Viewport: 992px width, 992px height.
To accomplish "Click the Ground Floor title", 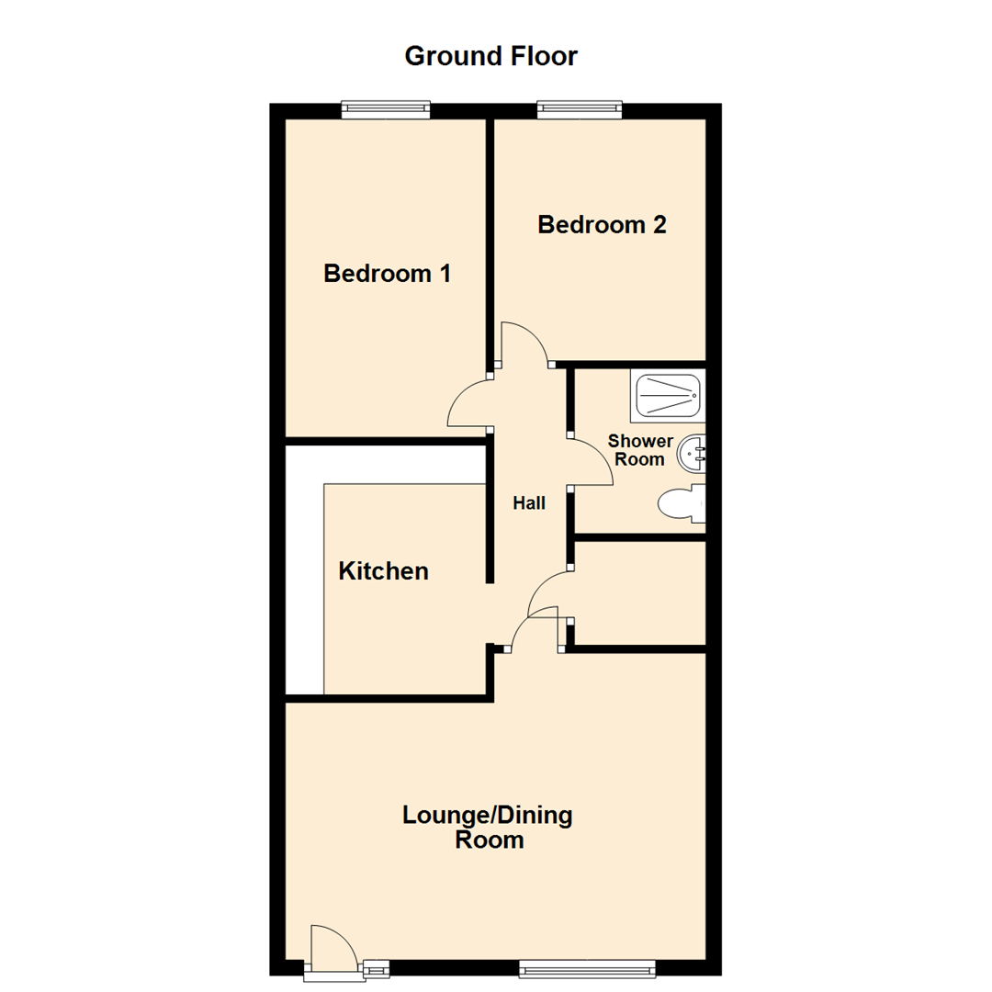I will tap(490, 57).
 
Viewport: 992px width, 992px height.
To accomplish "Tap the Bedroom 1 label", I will tap(387, 274).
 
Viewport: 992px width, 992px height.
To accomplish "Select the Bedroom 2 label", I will tap(602, 225).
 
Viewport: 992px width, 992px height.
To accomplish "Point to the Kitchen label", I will tap(383, 571).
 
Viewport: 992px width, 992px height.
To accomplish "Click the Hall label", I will tap(529, 503).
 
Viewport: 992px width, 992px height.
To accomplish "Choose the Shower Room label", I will tap(639, 451).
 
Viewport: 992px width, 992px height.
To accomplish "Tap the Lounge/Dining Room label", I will tap(489, 827).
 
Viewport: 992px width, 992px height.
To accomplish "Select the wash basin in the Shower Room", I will tap(693, 452).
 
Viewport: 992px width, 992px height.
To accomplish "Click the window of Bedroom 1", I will tap(386, 110).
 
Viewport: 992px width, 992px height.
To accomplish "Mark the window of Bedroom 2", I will tap(581, 110).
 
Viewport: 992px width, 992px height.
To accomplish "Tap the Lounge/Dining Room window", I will tap(587, 967).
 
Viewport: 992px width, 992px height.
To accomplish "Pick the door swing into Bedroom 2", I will tap(524, 344).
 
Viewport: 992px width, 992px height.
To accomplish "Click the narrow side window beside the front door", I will tap(376, 967).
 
